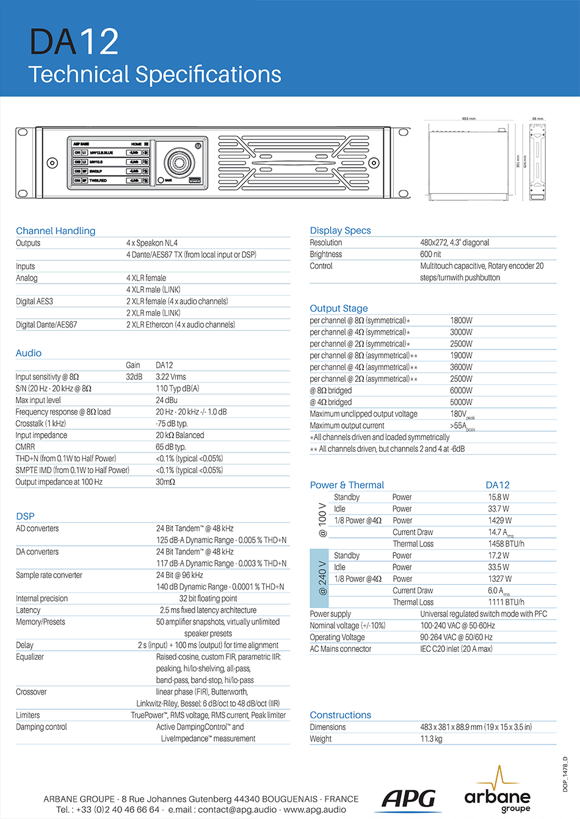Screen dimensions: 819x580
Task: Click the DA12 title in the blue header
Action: tap(74, 42)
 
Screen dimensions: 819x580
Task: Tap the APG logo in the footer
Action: tap(410, 799)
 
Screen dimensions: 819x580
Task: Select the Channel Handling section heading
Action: tap(56, 231)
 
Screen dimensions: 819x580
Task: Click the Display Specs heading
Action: tap(340, 231)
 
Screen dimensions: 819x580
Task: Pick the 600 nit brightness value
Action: tap(430, 254)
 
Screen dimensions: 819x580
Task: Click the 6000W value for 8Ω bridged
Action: tap(461, 390)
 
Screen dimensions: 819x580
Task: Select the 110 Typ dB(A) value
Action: tap(177, 388)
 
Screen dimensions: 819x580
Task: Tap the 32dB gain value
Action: tap(134, 377)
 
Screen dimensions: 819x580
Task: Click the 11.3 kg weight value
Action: tap(431, 739)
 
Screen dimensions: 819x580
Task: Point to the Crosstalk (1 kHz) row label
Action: tap(40, 424)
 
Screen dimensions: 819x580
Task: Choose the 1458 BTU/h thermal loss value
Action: tap(506, 544)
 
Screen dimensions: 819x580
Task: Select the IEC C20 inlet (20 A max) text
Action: tap(456, 649)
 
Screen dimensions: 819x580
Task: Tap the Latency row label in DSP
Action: tap(28, 610)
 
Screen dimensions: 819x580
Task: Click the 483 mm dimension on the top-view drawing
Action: tap(468, 119)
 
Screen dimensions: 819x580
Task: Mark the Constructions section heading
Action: tap(340, 715)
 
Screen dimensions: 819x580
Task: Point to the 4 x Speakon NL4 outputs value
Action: tap(152, 243)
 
